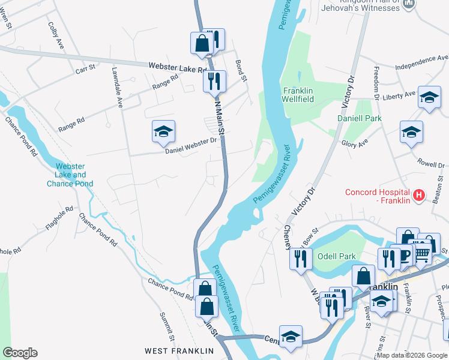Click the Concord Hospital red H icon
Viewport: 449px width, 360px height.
click(x=419, y=196)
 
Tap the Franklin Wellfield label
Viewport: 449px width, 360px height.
click(x=299, y=94)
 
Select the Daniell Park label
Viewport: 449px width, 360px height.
click(x=359, y=119)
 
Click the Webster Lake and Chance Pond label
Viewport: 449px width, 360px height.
click(x=70, y=175)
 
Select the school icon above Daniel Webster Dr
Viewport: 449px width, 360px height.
click(x=163, y=133)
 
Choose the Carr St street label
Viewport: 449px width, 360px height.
click(x=85, y=70)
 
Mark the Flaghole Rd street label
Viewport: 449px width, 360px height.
click(x=59, y=219)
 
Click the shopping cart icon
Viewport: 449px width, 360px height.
click(x=423, y=254)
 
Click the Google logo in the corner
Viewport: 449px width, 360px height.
click(x=20, y=353)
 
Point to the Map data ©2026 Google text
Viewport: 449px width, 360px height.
click(x=412, y=355)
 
